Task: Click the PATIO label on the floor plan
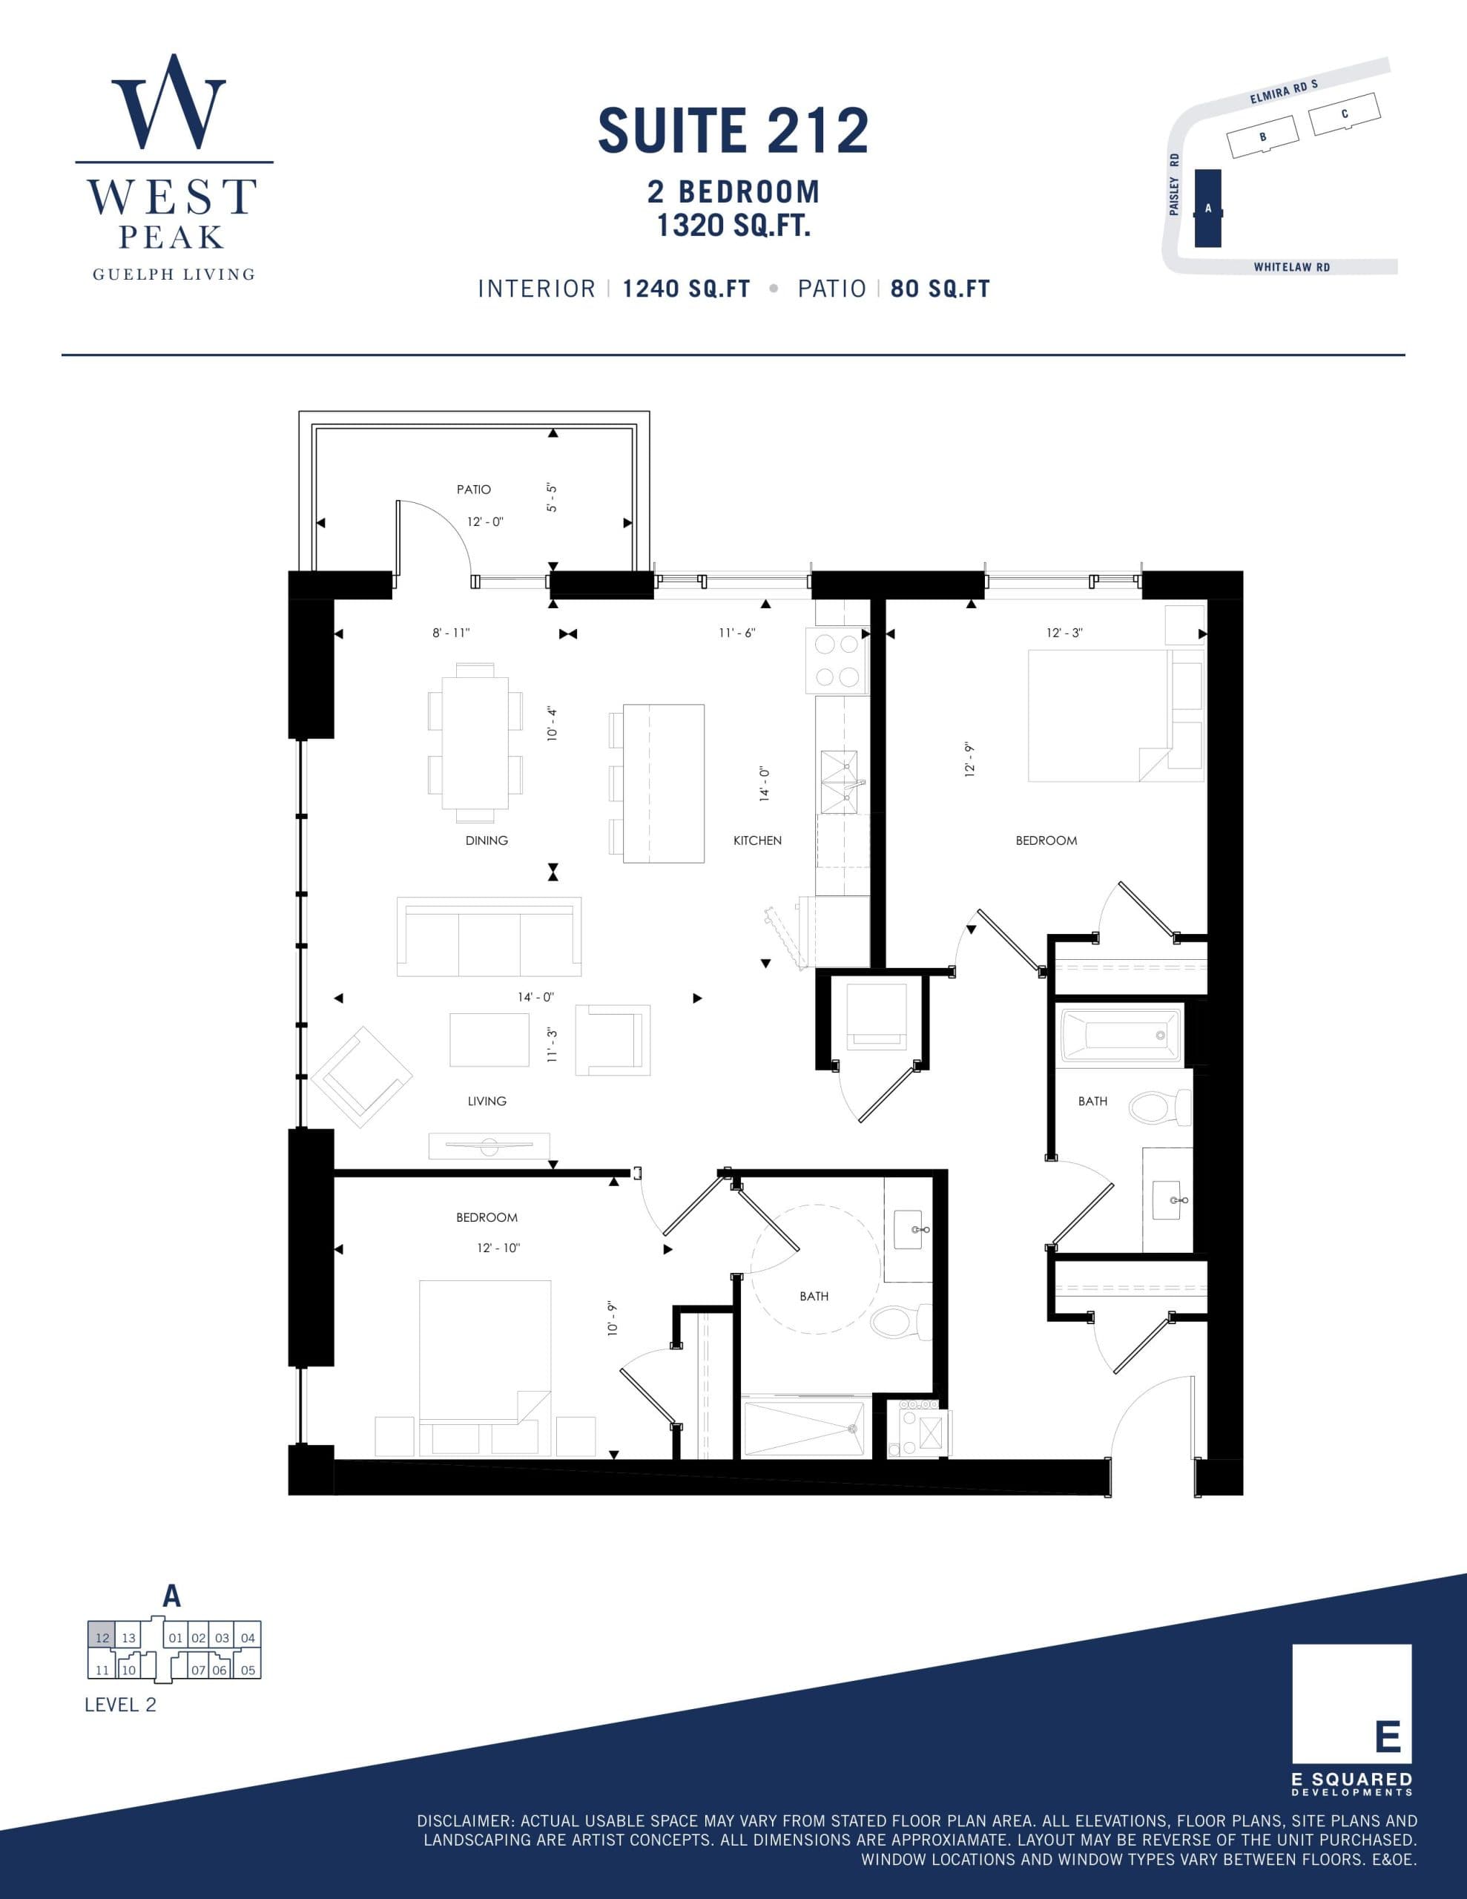pyautogui.click(x=474, y=490)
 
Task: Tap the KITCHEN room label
pyautogui.click(x=757, y=840)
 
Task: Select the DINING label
pyautogui.click(x=486, y=840)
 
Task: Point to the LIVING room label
pyautogui.click(x=486, y=1102)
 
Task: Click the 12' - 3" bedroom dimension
pyautogui.click(x=1064, y=633)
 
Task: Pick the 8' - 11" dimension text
pyautogui.click(x=450, y=633)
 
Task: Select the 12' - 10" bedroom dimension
pyautogui.click(x=498, y=1248)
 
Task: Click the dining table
pyautogui.click(x=475, y=743)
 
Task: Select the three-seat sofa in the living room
pyautogui.click(x=489, y=938)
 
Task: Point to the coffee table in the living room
pyautogui.click(x=489, y=1039)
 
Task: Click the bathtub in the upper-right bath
pyautogui.click(x=1121, y=1035)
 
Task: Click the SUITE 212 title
pyautogui.click(x=733, y=131)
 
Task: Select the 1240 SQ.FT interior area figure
pyautogui.click(x=686, y=289)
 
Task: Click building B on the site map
pyautogui.click(x=1262, y=137)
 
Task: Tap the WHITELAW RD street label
pyautogui.click(x=1291, y=267)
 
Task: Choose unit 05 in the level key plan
pyautogui.click(x=248, y=1670)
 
